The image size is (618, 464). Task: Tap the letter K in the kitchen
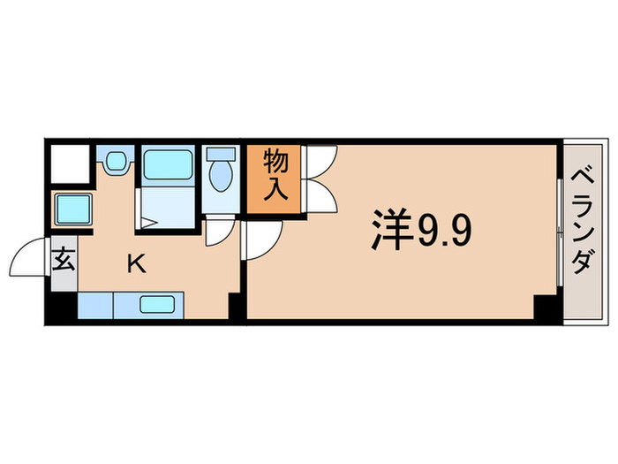pyautogui.click(x=136, y=262)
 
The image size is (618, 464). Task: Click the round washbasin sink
pyautogui.click(x=116, y=162)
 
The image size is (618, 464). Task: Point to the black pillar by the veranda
pyautogui.click(x=546, y=308)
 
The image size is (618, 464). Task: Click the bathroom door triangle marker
pyautogui.click(x=151, y=224)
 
